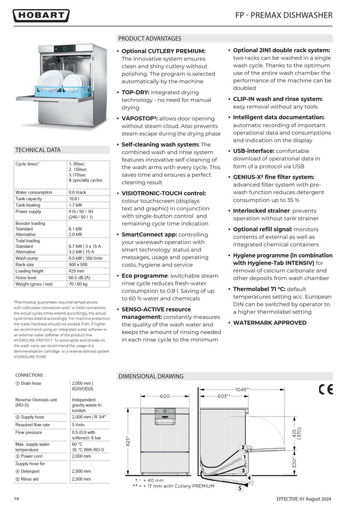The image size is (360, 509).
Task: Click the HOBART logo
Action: coord(41,16)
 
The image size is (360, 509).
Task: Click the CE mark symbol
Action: coord(326,388)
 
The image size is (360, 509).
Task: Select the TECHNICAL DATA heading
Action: coord(38,150)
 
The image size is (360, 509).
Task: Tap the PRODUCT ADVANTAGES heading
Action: coord(149,38)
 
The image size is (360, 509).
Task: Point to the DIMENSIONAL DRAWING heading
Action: coord(151,377)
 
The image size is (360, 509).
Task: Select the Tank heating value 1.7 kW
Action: coord(75,205)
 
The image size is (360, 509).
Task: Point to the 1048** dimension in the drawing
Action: coord(242,390)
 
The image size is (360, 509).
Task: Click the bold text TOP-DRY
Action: coord(136,92)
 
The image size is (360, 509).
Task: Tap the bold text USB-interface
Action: coord(254,151)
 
